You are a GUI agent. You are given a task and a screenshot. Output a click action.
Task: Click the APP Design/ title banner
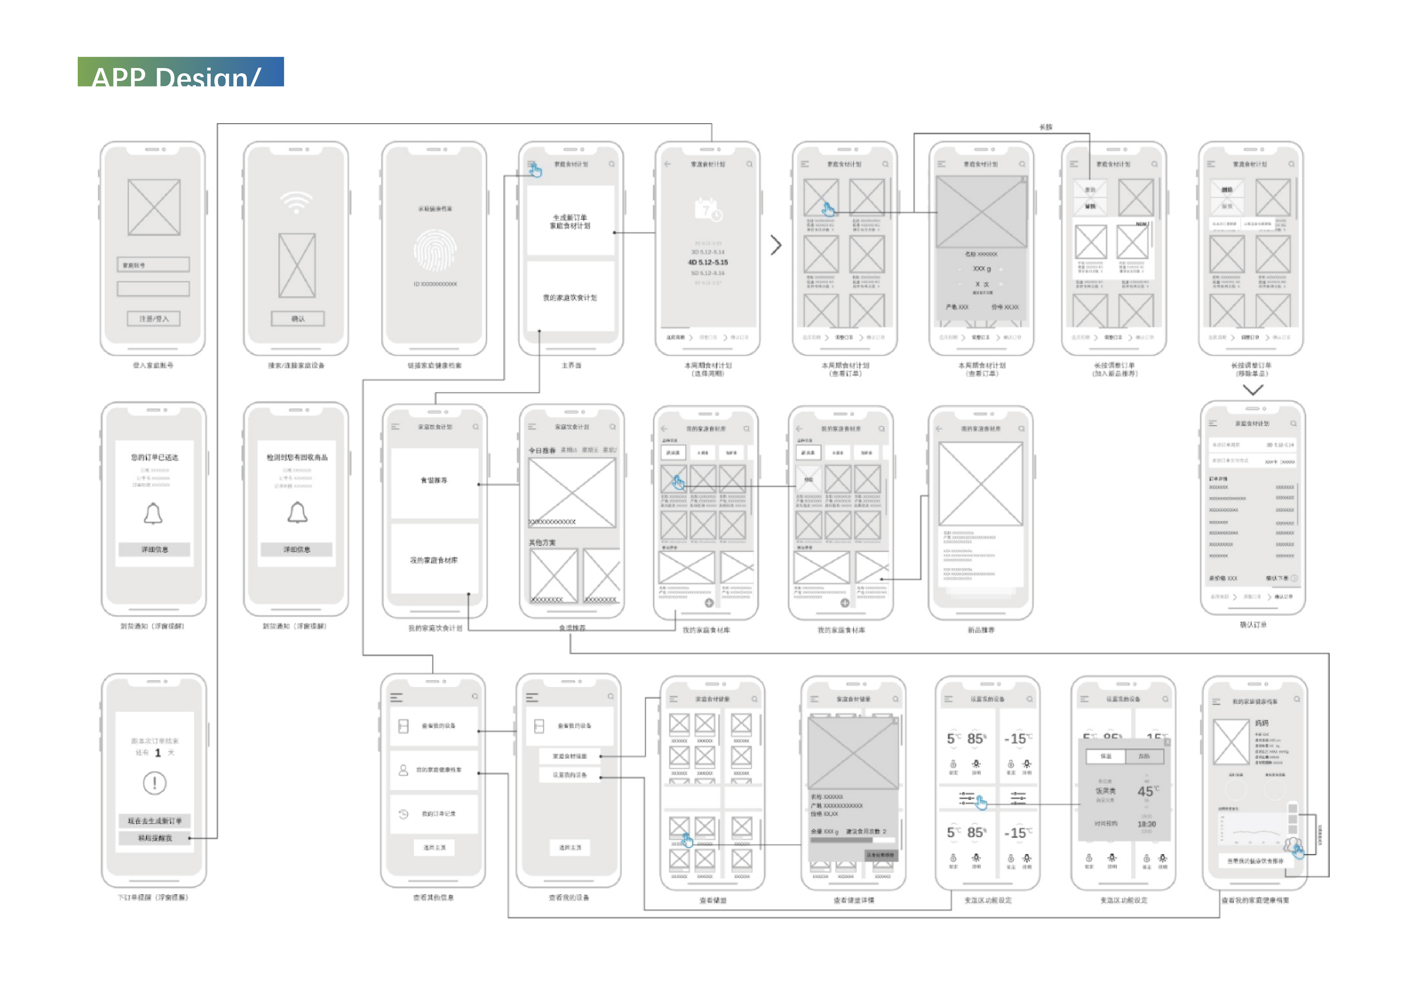click(x=180, y=72)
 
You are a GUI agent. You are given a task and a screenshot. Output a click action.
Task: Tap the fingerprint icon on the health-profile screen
click(x=435, y=251)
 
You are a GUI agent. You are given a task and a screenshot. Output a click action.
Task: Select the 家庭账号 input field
click(x=153, y=265)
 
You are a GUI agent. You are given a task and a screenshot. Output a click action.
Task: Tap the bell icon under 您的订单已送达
click(x=153, y=514)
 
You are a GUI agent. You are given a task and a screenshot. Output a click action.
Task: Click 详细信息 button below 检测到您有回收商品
click(x=296, y=549)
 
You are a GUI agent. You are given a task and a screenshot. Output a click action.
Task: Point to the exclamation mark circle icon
click(x=154, y=783)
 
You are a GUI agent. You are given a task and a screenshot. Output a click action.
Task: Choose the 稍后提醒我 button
click(x=154, y=838)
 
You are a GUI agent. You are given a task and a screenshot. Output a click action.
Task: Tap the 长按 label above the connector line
click(x=1046, y=127)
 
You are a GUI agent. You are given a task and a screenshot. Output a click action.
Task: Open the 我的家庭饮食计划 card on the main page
click(x=570, y=298)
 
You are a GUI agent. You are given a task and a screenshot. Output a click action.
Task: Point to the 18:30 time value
click(x=1146, y=824)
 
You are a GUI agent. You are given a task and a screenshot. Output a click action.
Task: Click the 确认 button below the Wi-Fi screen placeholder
click(x=298, y=319)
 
